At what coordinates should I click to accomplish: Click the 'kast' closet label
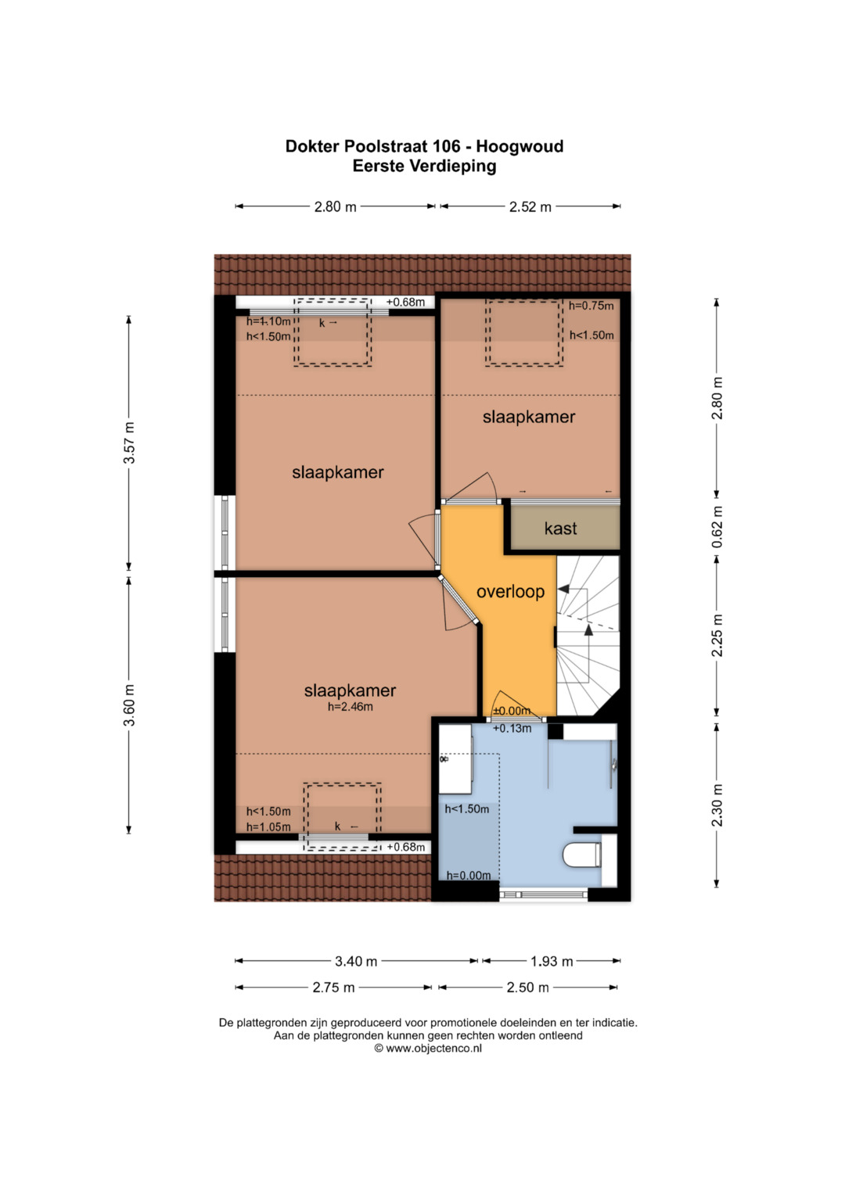tap(560, 529)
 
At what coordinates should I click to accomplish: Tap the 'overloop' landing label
tap(510, 592)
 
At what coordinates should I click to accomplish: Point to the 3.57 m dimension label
tap(129, 443)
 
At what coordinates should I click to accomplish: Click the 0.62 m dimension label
tap(717, 527)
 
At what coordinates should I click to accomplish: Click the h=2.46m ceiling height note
tap(350, 708)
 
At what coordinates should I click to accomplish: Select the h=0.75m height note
tap(591, 306)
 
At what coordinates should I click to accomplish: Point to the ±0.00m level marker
tap(512, 711)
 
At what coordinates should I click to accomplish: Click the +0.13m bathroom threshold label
tap(512, 729)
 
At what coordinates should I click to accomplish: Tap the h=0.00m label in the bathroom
tap(469, 875)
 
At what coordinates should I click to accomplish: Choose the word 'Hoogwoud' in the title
tap(519, 146)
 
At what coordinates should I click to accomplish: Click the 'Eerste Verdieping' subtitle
tap(424, 167)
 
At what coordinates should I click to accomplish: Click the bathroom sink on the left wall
tap(455, 759)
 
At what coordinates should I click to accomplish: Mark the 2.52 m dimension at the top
tap(530, 206)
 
